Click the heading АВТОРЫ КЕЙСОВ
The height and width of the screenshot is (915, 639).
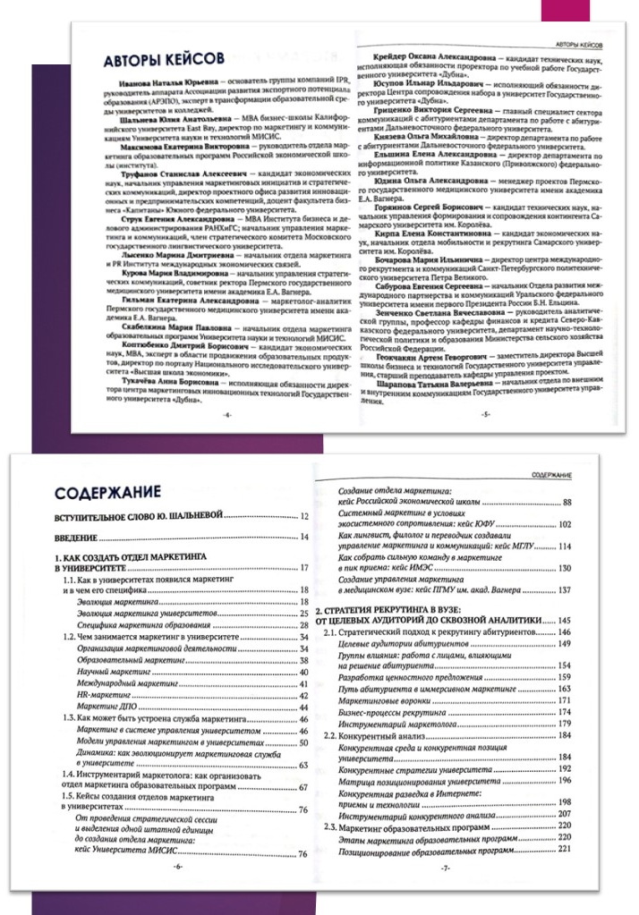tap(163, 59)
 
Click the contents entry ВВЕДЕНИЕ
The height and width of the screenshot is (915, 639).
tap(81, 537)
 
